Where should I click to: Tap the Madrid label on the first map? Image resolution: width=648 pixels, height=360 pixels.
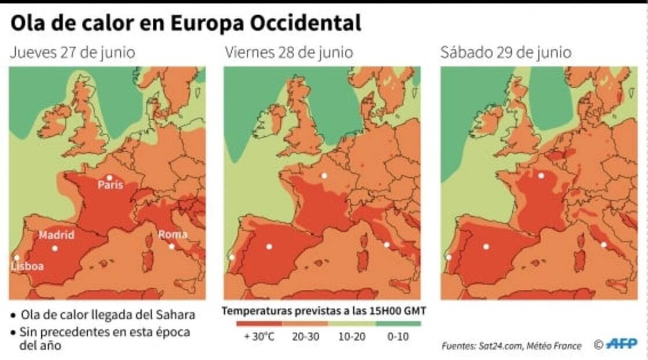pyautogui.click(x=56, y=235)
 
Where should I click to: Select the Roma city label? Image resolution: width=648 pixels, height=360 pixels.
pyautogui.click(x=173, y=235)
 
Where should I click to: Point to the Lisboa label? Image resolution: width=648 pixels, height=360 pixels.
pyautogui.click(x=27, y=266)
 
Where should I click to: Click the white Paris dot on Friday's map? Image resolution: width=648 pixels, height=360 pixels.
pyautogui.click(x=325, y=175)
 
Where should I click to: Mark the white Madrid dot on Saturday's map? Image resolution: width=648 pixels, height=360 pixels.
pyautogui.click(x=486, y=246)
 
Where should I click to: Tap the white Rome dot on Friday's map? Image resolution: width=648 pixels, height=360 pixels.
pyautogui.click(x=387, y=244)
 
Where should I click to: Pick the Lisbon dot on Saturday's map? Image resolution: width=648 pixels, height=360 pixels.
pyautogui.click(x=448, y=257)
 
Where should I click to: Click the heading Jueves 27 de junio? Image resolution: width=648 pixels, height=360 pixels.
pyautogui.click(x=73, y=53)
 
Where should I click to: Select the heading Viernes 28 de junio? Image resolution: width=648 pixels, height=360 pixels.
pyautogui.click(x=289, y=53)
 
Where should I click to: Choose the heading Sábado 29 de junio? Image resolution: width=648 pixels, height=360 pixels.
pyautogui.click(x=505, y=53)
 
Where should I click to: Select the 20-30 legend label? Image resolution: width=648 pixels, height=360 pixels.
pyautogui.click(x=305, y=336)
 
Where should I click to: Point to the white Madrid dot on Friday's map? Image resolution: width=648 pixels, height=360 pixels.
pyautogui.click(x=269, y=246)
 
